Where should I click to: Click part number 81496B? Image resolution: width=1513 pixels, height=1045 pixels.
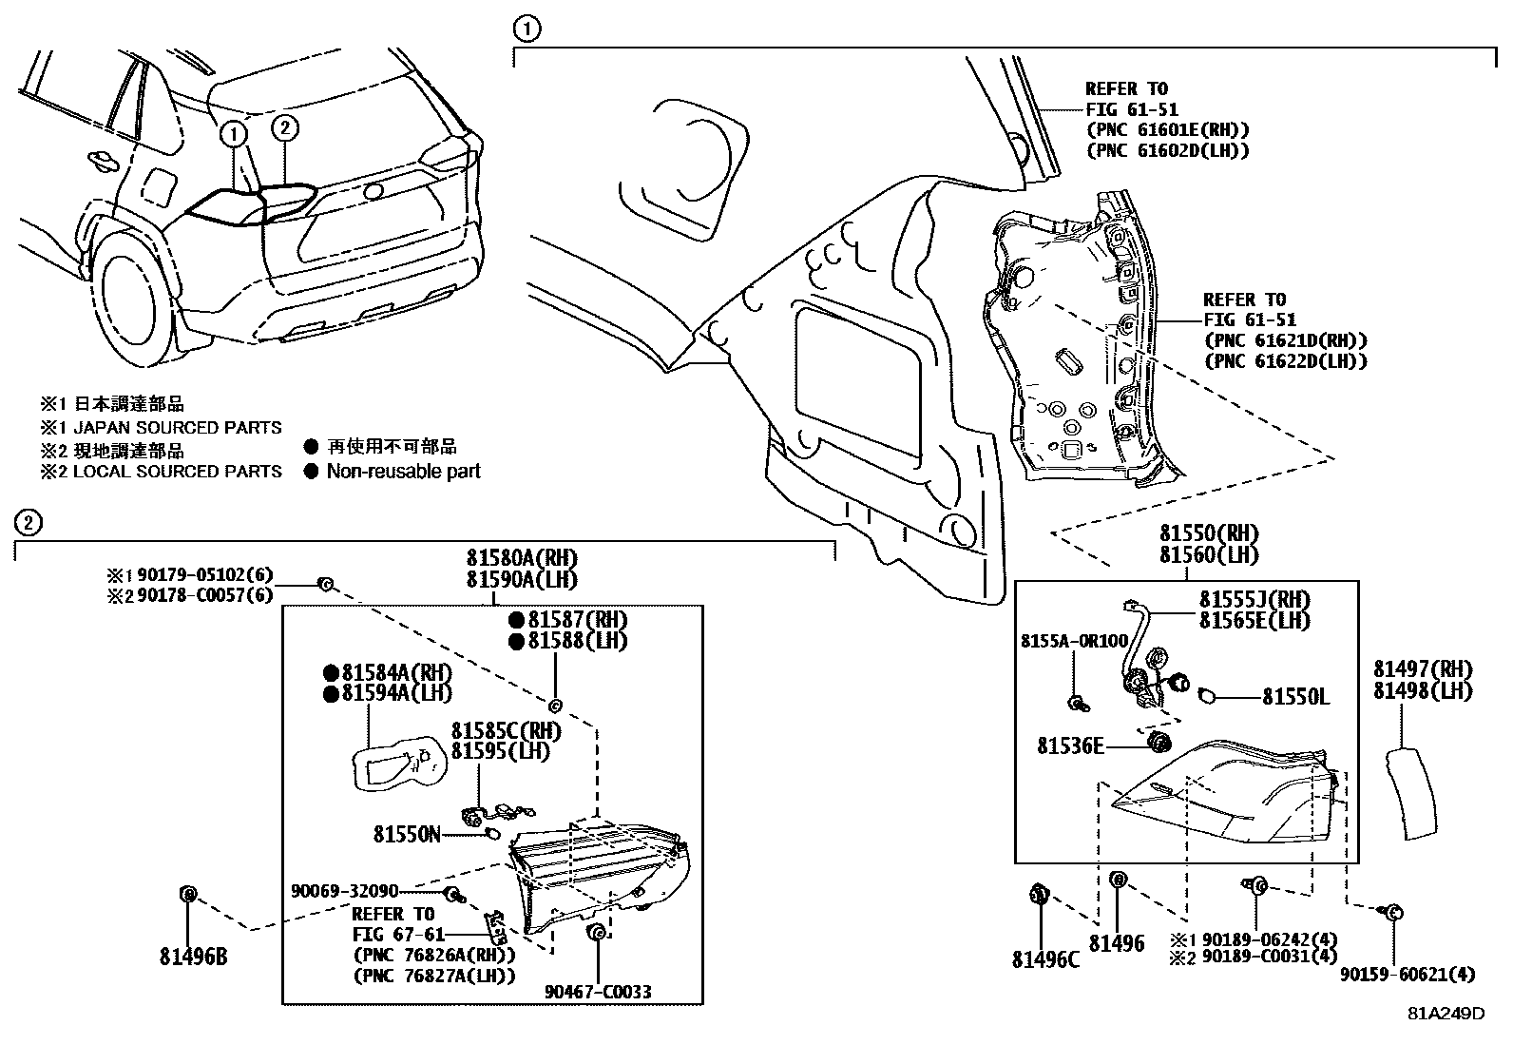[x=193, y=958]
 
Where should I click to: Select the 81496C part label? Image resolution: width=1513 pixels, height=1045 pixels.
[x=1045, y=959]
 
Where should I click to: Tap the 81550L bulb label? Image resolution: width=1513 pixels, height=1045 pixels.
[x=1295, y=697]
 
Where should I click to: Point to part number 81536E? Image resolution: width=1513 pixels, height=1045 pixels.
[x=1070, y=746]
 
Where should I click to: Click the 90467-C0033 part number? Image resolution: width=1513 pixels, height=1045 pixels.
[x=598, y=992]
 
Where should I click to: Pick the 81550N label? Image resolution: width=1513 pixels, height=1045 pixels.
[x=407, y=834]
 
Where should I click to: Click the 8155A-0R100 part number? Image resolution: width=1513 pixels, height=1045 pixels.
[x=1074, y=641]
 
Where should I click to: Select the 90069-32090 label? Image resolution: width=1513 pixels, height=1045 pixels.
[x=344, y=891]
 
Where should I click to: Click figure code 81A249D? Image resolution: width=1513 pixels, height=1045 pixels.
[x=1446, y=1014]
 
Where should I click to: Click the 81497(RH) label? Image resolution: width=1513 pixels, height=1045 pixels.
[x=1422, y=668]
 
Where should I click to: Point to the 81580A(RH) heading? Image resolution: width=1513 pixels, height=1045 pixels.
[x=521, y=558]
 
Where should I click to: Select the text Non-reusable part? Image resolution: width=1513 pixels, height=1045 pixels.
[x=403, y=471]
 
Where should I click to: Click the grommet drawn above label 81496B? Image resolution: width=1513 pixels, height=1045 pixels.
[x=187, y=893]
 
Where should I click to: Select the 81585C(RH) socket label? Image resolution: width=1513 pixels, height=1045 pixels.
[x=506, y=730]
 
